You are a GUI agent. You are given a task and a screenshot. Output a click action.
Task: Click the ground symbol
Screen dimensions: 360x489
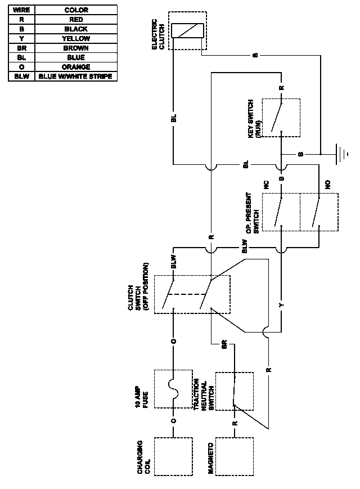pyautogui.click(x=340, y=154)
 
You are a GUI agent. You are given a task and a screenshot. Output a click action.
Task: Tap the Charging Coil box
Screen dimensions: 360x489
pyautogui.click(x=173, y=456)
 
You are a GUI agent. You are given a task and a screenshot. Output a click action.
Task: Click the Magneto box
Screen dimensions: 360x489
pyautogui.click(x=235, y=456)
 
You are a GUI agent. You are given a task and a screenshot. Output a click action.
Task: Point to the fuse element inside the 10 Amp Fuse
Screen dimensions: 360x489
pyautogui.click(x=173, y=389)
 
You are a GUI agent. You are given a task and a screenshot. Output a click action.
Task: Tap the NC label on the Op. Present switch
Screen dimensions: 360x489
pyautogui.click(x=266, y=185)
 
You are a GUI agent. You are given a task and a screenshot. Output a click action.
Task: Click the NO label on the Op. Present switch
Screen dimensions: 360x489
pyautogui.click(x=327, y=185)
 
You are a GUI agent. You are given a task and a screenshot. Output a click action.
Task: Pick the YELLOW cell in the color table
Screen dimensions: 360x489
pyautogui.click(x=76, y=39)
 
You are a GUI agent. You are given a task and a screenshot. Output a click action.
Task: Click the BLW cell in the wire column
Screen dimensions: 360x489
pyautogui.click(x=21, y=77)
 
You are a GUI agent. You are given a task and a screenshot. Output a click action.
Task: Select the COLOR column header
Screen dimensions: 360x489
pyautogui.click(x=76, y=10)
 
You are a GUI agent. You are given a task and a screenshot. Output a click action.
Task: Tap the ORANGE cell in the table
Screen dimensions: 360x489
pyautogui.click(x=76, y=67)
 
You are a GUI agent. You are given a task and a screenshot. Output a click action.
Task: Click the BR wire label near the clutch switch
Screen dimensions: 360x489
pyautogui.click(x=224, y=344)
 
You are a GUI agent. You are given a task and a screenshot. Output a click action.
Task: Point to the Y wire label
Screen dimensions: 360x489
pyautogui.click(x=281, y=304)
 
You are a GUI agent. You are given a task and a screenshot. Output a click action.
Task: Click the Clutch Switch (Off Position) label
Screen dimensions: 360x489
pyautogui.click(x=138, y=287)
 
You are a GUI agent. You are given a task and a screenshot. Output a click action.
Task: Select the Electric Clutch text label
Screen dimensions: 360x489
pyautogui.click(x=158, y=34)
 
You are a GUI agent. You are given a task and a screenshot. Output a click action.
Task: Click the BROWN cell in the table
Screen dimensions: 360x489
pyautogui.click(x=76, y=48)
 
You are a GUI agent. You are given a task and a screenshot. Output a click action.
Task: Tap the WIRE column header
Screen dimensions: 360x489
pyautogui.click(x=21, y=10)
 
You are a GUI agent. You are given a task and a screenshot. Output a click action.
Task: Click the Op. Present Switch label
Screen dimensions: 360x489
pyautogui.click(x=252, y=213)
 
